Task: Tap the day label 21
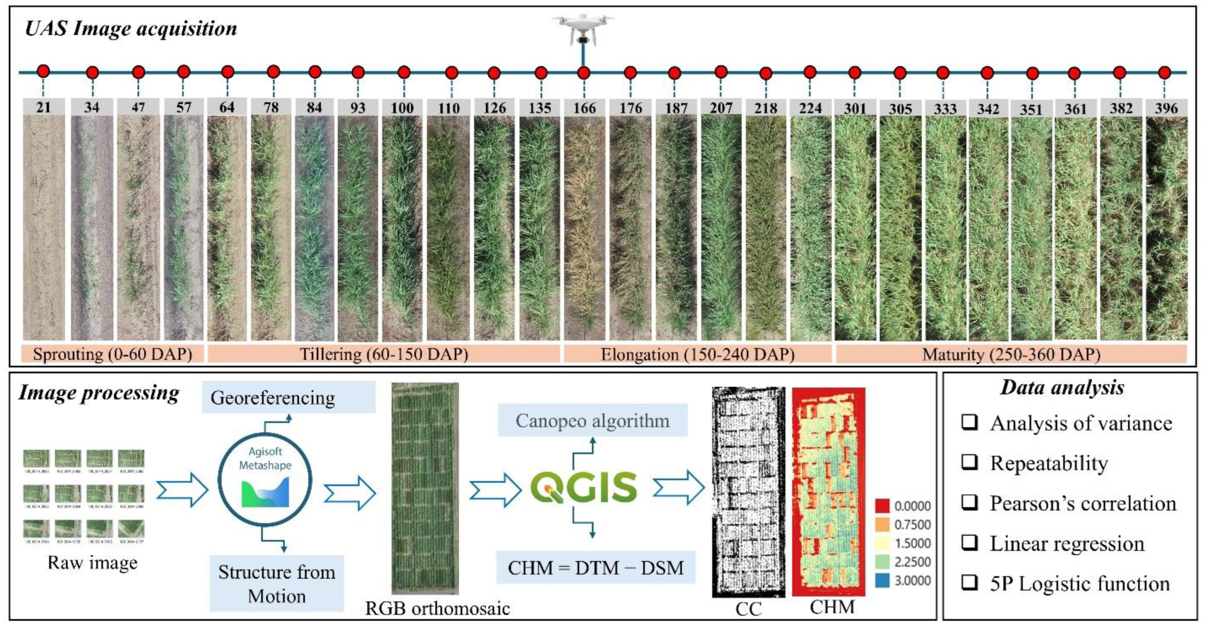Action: [x=44, y=108]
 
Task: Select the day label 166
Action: [x=584, y=108]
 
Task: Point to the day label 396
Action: [x=1166, y=108]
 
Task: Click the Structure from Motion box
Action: [x=276, y=583]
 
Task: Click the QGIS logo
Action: [x=583, y=487]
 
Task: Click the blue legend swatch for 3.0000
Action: [x=882, y=580]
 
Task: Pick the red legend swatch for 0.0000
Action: [x=882, y=506]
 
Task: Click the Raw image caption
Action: [x=93, y=563]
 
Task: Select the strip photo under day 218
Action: [x=765, y=228]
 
